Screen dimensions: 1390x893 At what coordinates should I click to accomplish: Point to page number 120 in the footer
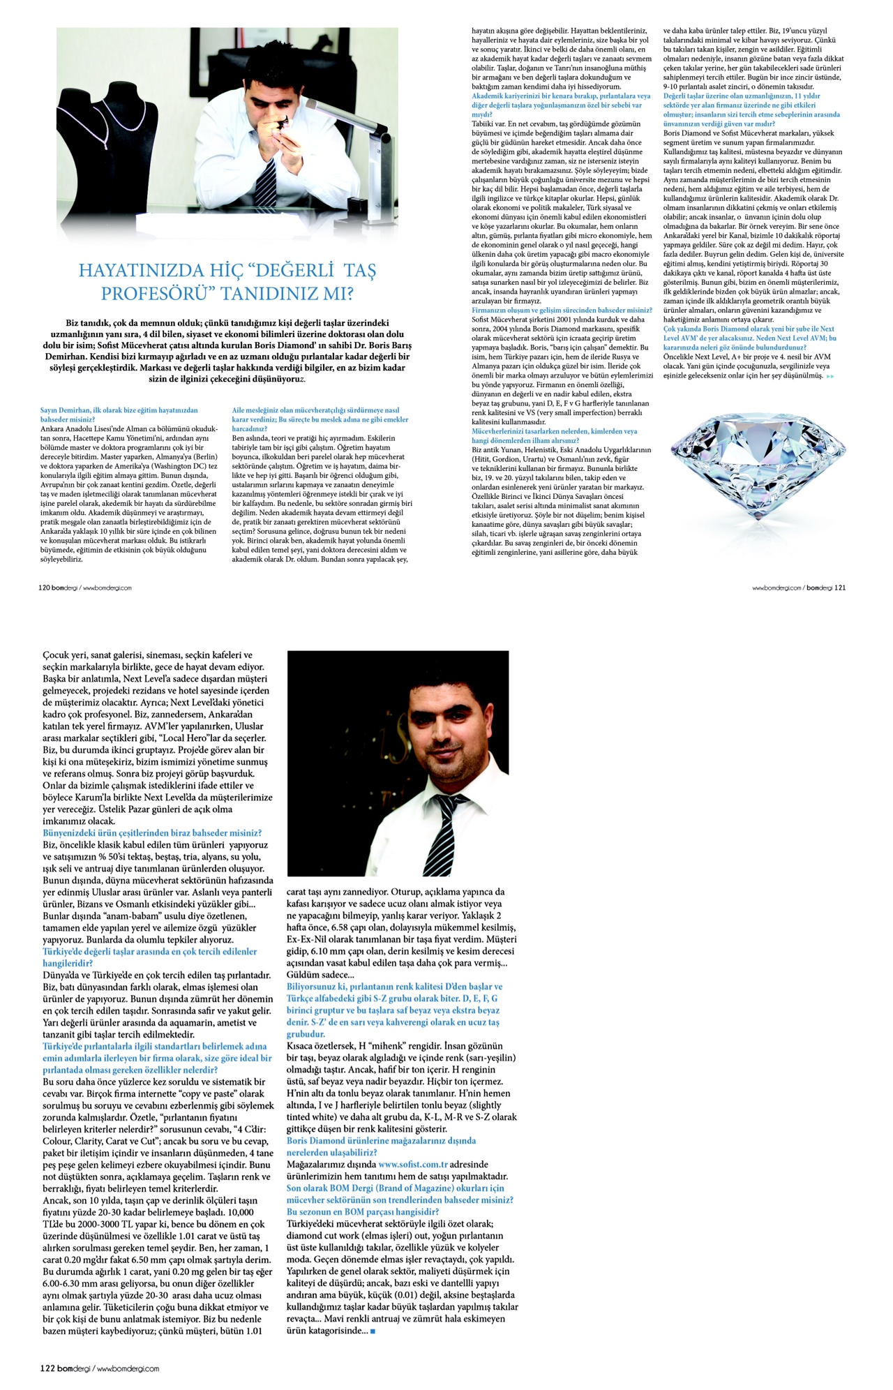[x=44, y=588]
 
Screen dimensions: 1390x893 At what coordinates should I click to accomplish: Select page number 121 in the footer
[x=840, y=588]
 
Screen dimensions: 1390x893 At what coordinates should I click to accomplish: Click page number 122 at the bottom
[x=47, y=1368]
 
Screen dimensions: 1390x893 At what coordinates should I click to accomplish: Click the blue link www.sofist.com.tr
[x=413, y=1164]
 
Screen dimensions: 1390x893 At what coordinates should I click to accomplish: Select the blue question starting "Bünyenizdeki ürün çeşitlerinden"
[x=152, y=832]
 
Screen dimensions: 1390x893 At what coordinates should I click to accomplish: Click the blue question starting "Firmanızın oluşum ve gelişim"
[x=562, y=310]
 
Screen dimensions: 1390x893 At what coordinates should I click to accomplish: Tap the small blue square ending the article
[x=373, y=1331]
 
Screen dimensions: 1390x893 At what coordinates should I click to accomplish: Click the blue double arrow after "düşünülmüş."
[x=830, y=376]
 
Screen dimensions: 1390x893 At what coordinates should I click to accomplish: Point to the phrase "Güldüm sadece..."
[x=320, y=974]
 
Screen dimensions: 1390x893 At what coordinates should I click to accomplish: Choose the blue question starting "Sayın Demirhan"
[x=119, y=414]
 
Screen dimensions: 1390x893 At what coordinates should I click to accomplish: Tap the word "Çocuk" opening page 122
[x=56, y=655]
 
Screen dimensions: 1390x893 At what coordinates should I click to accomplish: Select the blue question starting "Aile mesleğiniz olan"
[x=315, y=414]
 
